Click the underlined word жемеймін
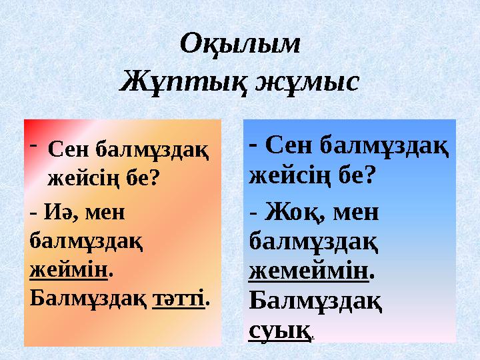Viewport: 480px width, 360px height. pyautogui.click(x=309, y=271)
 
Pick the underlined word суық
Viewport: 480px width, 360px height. pyautogui.click(x=279, y=330)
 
